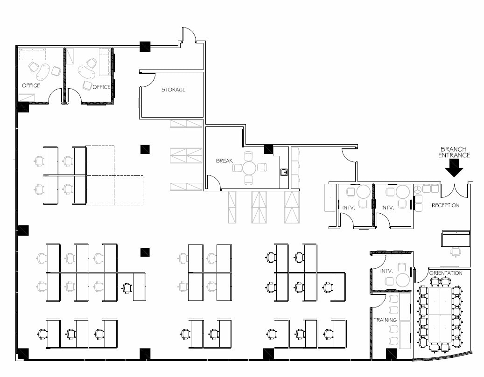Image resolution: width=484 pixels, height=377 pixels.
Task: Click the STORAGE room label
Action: [x=173, y=89]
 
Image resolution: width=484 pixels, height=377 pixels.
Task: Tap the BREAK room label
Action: [x=224, y=161]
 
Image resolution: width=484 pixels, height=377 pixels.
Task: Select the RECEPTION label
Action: [x=445, y=205]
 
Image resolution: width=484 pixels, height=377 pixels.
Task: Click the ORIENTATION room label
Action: [x=446, y=273]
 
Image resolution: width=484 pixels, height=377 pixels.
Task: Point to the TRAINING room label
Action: [x=385, y=320]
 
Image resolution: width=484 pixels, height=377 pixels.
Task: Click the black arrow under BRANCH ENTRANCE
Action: [x=454, y=168]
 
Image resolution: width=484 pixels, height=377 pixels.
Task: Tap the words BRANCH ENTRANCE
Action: [x=454, y=152]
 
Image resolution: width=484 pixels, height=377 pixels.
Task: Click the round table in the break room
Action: [x=249, y=168]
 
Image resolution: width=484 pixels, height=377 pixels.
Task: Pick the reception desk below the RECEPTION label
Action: [x=456, y=238]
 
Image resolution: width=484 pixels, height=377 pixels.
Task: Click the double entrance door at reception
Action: [x=454, y=189]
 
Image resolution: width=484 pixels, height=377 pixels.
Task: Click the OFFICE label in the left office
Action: [x=31, y=85]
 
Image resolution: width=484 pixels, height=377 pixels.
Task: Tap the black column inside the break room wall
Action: [x=268, y=149]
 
